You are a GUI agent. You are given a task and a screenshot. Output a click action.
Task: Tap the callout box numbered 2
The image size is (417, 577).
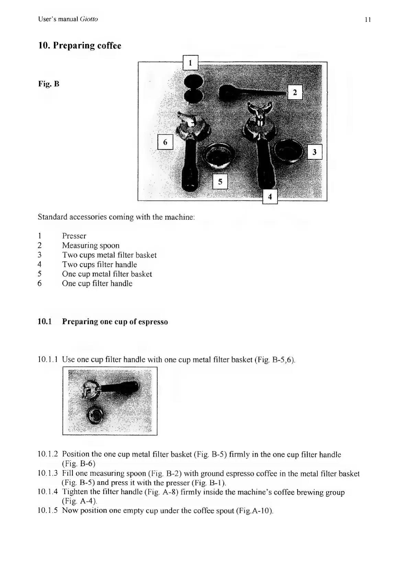tap(295, 92)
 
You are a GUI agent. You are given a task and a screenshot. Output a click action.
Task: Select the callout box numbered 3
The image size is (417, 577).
tap(314, 152)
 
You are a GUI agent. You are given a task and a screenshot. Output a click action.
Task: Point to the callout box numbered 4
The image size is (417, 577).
tap(270, 196)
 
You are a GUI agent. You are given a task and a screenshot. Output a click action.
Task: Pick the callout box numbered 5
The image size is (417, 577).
tap(220, 182)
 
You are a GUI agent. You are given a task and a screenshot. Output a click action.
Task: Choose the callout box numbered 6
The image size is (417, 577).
tap(165, 142)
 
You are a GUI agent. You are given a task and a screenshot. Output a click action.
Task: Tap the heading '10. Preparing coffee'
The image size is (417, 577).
tap(79, 46)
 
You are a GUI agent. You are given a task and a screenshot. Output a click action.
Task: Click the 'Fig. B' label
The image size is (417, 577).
tap(48, 84)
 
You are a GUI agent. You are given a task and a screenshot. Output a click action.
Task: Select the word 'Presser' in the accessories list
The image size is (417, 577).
tap(74, 236)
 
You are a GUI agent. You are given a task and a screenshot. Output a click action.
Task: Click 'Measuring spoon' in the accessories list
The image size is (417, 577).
tap(91, 246)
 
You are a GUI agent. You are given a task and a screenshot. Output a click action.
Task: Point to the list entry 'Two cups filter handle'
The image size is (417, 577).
tap(99, 264)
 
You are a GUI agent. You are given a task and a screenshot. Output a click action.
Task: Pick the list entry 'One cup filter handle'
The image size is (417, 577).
tap(97, 283)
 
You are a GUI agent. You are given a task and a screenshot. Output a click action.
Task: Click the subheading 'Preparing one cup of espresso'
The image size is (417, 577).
tap(115, 322)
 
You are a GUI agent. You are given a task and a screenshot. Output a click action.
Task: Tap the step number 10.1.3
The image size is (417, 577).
tap(48, 474)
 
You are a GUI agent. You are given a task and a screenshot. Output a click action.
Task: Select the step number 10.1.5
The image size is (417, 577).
tap(48, 510)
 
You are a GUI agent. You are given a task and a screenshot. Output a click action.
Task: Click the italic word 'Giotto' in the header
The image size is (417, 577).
tap(89, 19)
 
